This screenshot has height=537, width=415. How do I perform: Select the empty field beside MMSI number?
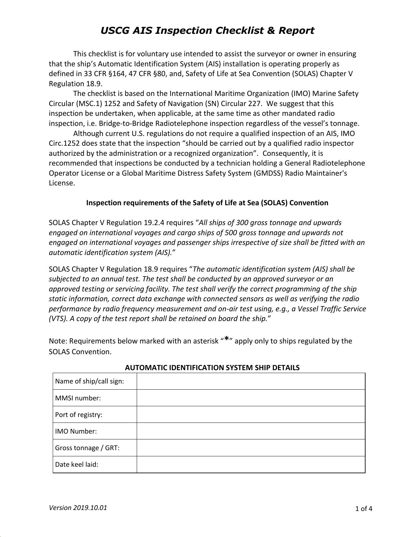[x=251, y=398]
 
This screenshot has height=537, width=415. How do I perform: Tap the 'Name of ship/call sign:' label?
[x=90, y=381]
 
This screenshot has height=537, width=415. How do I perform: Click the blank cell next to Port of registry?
[x=251, y=414]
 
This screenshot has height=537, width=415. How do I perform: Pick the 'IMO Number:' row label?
[x=76, y=431]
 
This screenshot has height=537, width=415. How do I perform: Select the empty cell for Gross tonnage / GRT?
[x=251, y=448]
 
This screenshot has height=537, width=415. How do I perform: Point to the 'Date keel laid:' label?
[x=76, y=464]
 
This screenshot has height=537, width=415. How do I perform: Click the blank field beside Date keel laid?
[x=251, y=464]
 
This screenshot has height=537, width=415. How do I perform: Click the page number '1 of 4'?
[x=364, y=509]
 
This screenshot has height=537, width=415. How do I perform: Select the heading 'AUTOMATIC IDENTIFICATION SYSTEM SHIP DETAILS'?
[x=212, y=368]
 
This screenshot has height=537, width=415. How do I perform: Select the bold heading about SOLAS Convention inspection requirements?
[x=207, y=203]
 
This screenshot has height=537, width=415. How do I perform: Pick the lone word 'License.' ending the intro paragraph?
[x=62, y=183]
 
